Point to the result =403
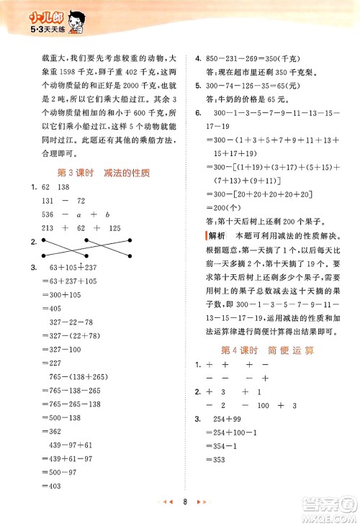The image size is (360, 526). pyautogui.click(x=58, y=486)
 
